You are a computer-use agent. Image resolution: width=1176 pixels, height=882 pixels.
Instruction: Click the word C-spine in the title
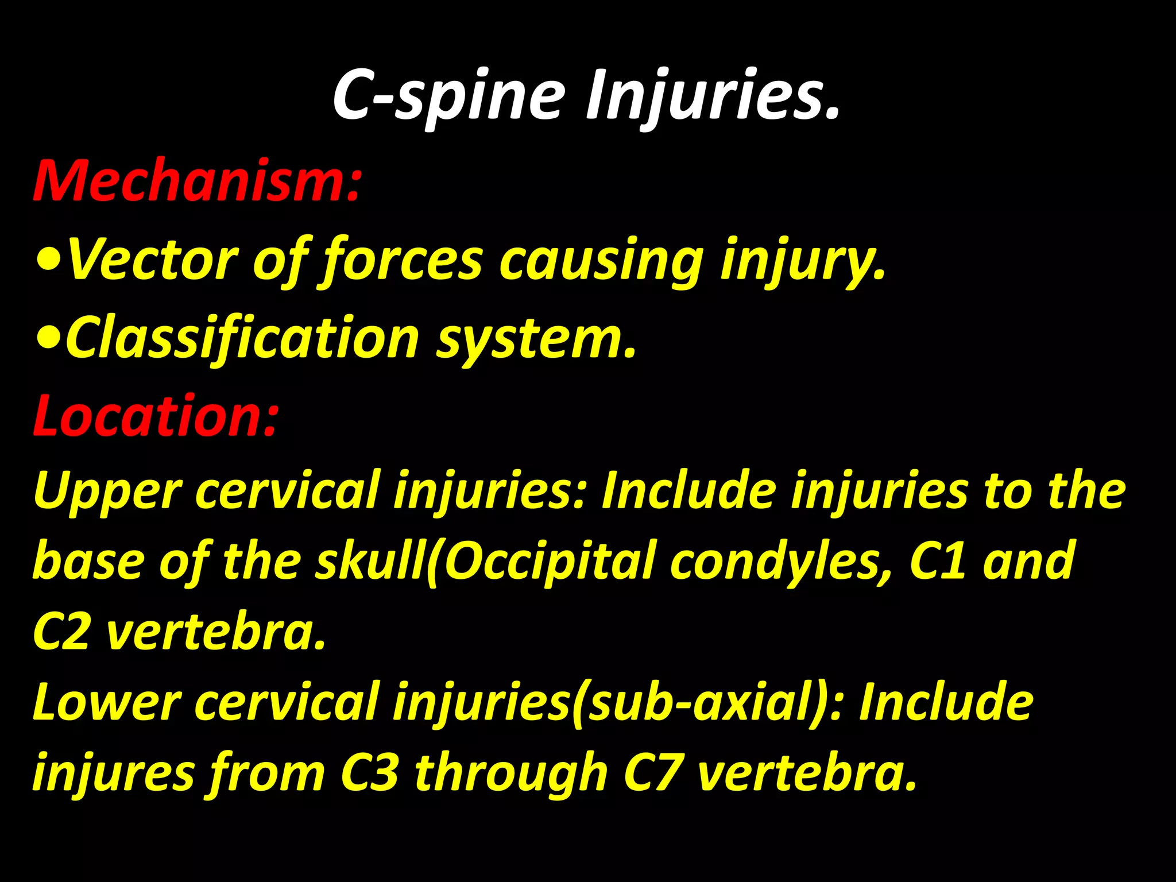[x=449, y=95]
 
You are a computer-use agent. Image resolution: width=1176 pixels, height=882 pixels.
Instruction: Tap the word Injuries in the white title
[x=712, y=95]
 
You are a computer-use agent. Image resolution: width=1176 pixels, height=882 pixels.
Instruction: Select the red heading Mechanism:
[x=197, y=180]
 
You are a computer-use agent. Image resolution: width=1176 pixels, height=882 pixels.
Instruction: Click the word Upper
[x=107, y=491]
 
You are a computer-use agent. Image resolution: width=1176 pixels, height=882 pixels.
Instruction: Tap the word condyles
[x=781, y=561]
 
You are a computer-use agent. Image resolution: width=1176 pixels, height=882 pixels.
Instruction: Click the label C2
[x=61, y=632]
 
